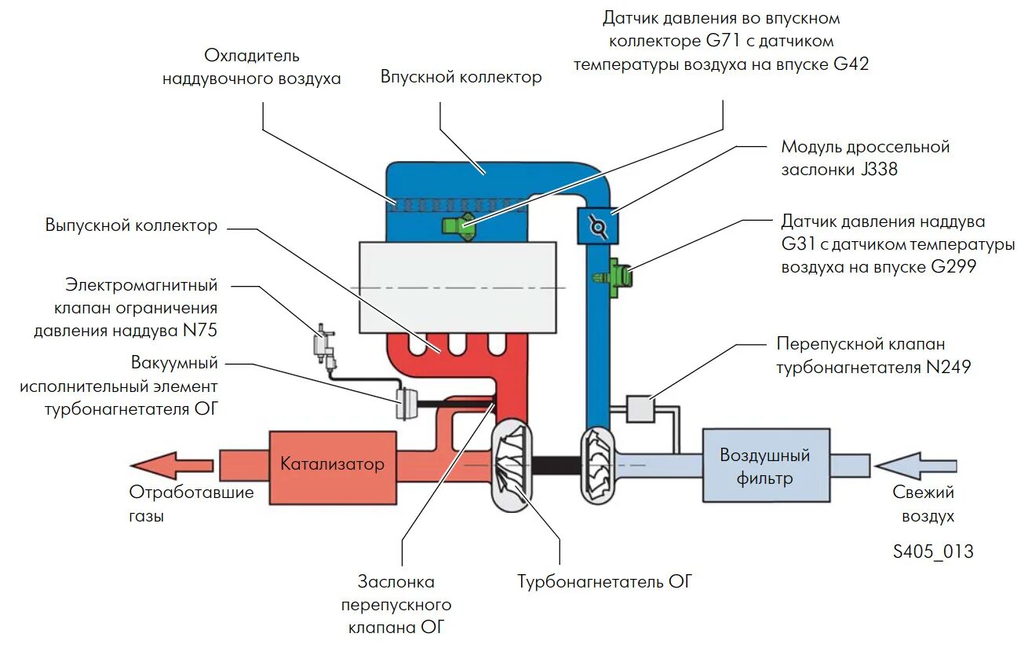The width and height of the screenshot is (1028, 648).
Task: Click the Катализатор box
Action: [x=333, y=467]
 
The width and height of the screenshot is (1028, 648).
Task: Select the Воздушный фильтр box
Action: [x=766, y=465]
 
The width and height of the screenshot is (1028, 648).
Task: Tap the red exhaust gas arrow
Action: [x=172, y=466]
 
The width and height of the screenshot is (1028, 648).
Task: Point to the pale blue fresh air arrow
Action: [x=916, y=466]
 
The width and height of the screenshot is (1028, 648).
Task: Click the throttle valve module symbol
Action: [x=597, y=226]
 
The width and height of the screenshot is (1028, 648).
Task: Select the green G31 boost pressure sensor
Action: [x=614, y=278]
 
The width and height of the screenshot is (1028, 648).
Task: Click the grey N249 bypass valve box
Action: [x=640, y=408]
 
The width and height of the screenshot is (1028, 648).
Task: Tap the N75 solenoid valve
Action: [x=324, y=346]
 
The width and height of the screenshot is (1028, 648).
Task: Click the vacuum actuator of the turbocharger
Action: [x=407, y=404]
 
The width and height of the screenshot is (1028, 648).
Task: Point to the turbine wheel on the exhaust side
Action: [x=512, y=465]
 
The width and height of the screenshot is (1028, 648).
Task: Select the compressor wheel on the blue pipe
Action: [x=597, y=465]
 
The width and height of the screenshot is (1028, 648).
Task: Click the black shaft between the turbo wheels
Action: [x=556, y=465]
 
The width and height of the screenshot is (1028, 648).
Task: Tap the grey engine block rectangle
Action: [x=457, y=287]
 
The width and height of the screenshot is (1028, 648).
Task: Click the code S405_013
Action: [x=933, y=551]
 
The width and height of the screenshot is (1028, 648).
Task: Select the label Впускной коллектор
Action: [x=461, y=77]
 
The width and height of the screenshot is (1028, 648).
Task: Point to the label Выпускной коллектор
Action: [x=131, y=225]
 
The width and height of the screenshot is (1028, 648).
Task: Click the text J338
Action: [x=879, y=170]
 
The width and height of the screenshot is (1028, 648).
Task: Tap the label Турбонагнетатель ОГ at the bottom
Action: [x=604, y=582]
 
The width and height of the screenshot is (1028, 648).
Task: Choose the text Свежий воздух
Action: [x=924, y=504]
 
